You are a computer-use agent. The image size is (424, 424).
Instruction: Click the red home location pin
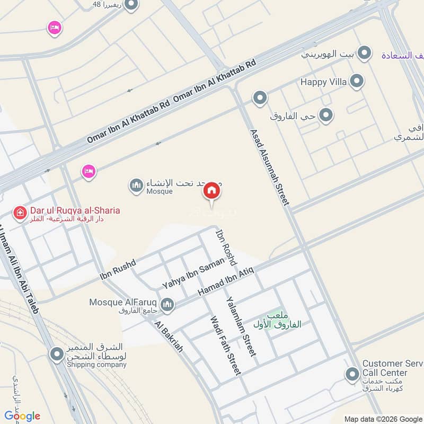[x=211, y=191]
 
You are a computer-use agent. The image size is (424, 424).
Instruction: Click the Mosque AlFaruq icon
[x=167, y=304]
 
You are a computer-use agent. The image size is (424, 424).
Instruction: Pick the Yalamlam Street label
[x=242, y=326]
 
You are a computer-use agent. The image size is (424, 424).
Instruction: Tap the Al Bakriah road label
[x=169, y=337]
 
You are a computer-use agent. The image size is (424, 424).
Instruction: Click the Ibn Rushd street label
[x=118, y=269]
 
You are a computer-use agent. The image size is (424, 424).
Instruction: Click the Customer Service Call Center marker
[x=352, y=375]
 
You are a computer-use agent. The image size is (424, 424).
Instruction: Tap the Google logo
[x=22, y=416]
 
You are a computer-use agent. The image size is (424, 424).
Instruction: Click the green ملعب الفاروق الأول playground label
[x=277, y=320]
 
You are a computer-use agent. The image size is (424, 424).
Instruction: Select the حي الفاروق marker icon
[x=326, y=115]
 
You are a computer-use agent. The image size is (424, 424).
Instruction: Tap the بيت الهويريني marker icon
[x=364, y=53]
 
